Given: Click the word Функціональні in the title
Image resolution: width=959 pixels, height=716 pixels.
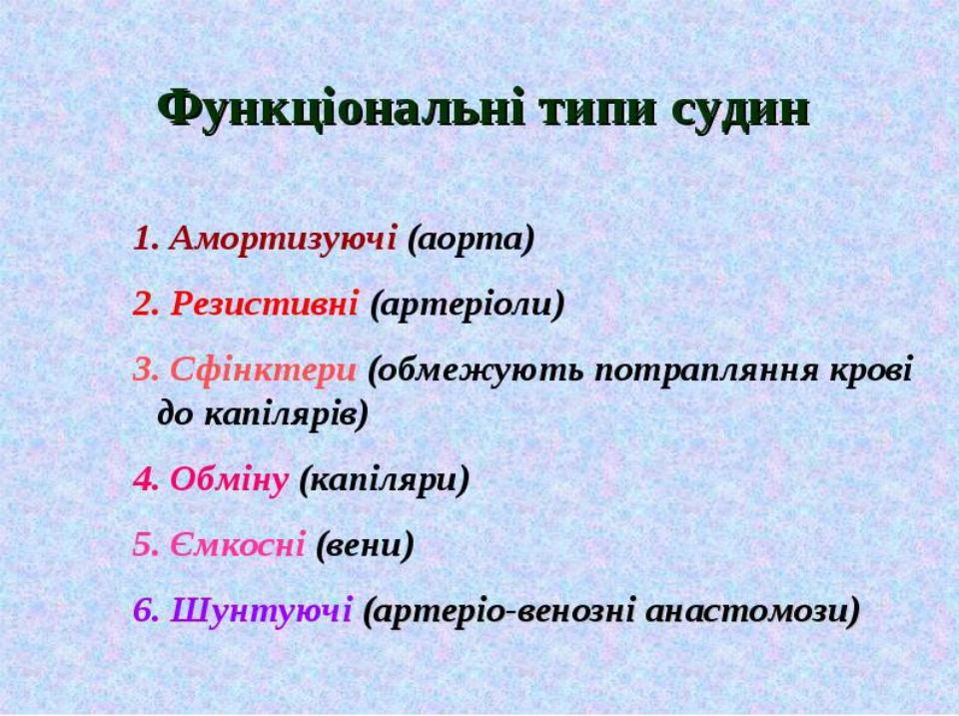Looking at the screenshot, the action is click(342, 110).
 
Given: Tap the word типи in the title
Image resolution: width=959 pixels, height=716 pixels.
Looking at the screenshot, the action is click(598, 112).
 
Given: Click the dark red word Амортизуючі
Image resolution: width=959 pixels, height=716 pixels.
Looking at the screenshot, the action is click(283, 238).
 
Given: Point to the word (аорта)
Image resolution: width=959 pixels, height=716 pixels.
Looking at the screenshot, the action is click(471, 240).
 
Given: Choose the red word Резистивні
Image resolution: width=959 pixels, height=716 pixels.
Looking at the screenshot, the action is click(264, 304).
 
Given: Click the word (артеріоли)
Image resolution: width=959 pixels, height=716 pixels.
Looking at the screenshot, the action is click(468, 305).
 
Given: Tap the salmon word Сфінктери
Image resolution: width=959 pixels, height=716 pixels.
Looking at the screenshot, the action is click(263, 369).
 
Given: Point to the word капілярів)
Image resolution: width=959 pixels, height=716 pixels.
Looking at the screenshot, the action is click(286, 415).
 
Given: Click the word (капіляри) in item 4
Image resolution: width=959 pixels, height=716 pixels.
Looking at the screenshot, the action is click(384, 481).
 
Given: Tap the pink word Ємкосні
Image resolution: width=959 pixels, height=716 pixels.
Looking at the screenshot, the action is click(238, 544).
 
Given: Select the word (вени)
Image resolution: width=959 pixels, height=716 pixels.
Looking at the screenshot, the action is click(366, 545).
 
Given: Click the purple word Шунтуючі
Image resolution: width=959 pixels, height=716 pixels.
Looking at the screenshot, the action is click(261, 611).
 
